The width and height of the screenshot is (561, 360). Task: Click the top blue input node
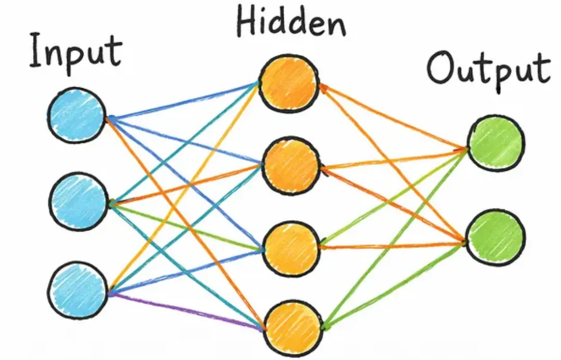(x=77, y=115)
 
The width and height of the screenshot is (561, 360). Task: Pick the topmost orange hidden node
(x=288, y=83)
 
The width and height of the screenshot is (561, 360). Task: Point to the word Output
(x=488, y=70)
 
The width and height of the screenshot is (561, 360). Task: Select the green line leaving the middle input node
(x=187, y=226)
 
